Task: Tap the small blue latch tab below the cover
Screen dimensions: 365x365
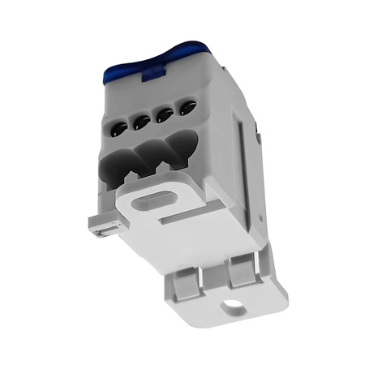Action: tap(151, 79)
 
